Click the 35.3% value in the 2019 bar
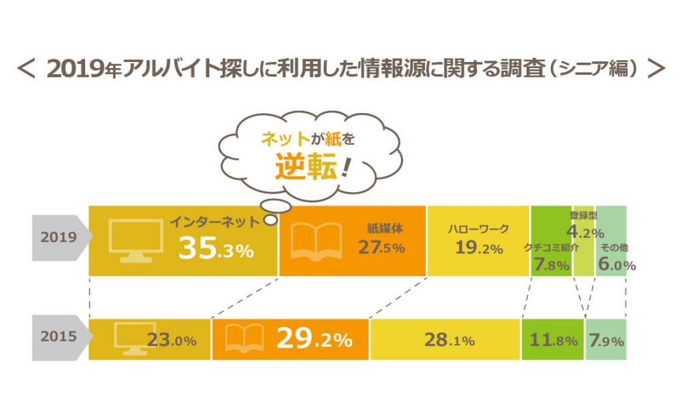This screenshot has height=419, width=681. point(216,250)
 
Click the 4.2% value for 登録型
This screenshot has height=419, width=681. point(585,232)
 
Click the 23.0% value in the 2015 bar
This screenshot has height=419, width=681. point(172,340)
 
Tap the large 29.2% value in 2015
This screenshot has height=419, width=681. point(314,339)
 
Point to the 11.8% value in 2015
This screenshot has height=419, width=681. point(553,340)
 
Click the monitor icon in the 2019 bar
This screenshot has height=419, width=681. point(136,240)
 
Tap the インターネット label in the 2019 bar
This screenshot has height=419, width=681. point(215,222)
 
